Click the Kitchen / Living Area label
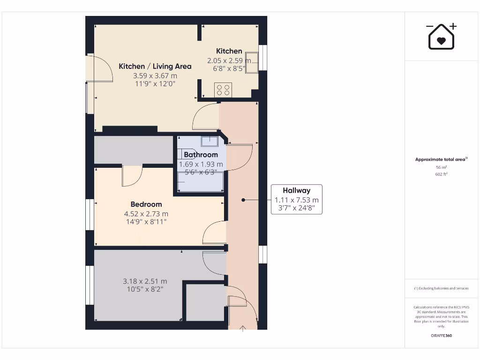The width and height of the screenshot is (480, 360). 155,67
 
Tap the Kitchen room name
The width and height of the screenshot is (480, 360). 229,51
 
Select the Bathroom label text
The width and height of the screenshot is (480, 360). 201,155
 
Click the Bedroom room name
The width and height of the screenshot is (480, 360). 146,204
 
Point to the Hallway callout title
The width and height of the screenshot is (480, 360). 296,190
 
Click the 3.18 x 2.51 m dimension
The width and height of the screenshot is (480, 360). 145,281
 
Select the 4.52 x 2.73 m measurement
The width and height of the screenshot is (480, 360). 146,214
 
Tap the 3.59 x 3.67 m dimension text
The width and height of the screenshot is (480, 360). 155,75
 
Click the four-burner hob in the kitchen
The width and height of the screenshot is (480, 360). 223,90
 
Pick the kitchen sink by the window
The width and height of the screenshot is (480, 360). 252,61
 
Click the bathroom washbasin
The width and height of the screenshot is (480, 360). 209,141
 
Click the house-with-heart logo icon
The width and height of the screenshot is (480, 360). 441,37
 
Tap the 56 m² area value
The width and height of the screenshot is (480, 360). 441,167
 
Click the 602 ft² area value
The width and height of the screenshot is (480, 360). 441,174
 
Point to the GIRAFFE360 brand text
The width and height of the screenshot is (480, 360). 441,336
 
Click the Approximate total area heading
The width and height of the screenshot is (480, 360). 441,159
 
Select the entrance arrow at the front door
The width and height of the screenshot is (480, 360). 243,329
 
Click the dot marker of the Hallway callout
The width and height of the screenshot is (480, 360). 243,200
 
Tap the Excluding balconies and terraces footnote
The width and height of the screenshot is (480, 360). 441,288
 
